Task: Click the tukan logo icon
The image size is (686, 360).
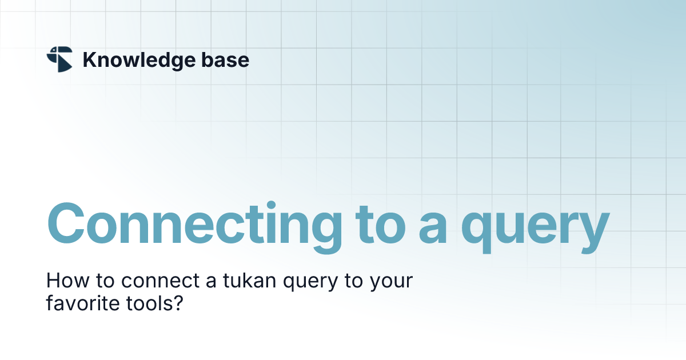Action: pos(59,59)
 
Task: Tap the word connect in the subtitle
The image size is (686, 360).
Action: pos(156,282)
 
